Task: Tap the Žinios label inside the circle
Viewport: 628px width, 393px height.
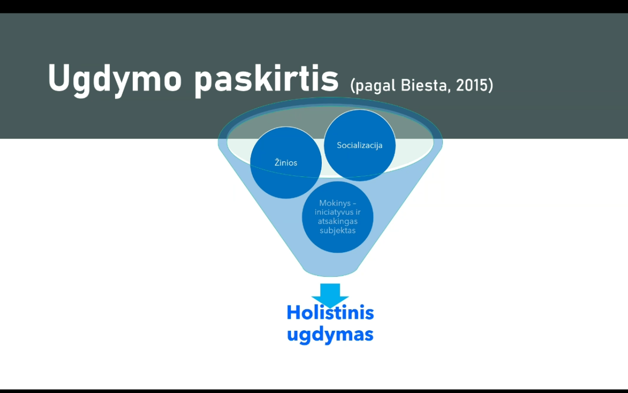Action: (x=286, y=162)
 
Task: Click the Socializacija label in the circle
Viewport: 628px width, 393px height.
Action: (x=360, y=145)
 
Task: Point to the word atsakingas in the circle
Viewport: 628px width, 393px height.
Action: (x=338, y=221)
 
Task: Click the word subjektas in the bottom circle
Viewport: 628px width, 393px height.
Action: (x=338, y=230)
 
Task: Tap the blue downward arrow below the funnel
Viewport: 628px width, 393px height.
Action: (x=330, y=295)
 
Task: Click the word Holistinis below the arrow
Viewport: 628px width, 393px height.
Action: (x=330, y=312)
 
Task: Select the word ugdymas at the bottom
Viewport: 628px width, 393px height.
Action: (x=330, y=335)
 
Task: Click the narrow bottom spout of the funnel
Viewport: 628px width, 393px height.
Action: (x=330, y=271)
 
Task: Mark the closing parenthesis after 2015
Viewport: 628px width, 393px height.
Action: (x=490, y=86)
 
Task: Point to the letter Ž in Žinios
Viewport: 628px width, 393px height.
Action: (x=277, y=162)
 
